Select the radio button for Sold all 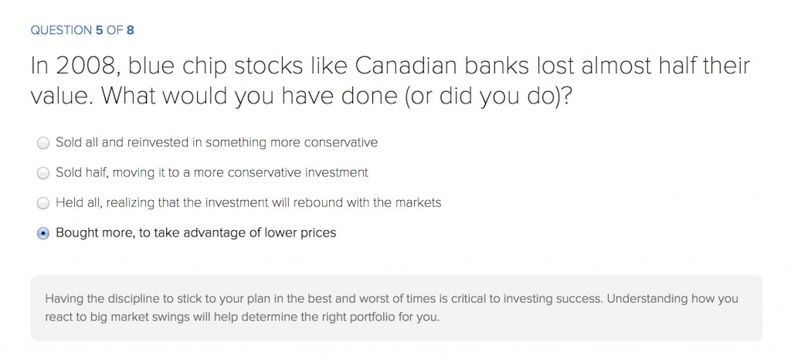43,143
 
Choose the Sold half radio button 43,174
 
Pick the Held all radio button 43,203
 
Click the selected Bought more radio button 43,233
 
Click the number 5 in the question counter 99,30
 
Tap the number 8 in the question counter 130,30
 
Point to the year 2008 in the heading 85,66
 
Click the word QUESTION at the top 61,30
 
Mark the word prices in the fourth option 319,233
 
